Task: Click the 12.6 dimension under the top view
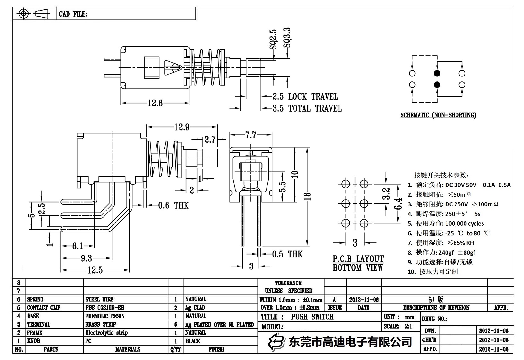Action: tap(155, 103)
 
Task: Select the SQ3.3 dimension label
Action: tap(287, 38)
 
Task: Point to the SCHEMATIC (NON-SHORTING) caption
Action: tap(438, 115)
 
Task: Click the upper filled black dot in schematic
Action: tap(437, 73)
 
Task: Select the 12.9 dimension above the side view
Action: tap(182, 127)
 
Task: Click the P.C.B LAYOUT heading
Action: tap(358, 259)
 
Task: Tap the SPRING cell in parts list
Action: tap(35, 299)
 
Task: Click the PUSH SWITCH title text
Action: tap(312, 317)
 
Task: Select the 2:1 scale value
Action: tap(408, 326)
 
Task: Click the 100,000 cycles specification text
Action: tap(464, 223)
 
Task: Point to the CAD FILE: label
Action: tap(73, 14)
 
